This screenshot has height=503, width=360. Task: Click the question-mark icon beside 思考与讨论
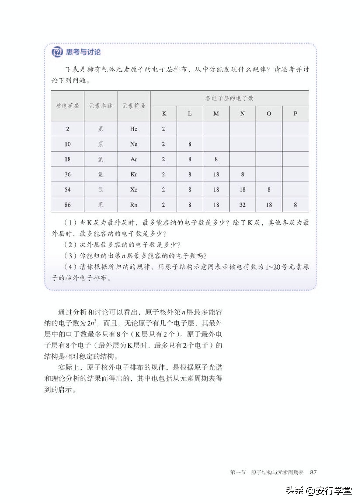[57, 52]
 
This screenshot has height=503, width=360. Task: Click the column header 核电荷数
[67, 106]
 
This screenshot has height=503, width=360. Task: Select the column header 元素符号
[133, 106]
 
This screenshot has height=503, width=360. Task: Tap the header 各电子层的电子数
[229, 98]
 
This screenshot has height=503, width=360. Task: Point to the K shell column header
[164, 114]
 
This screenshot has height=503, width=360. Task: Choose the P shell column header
[295, 114]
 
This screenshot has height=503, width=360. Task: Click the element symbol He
[133, 129]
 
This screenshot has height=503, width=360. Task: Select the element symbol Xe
[133, 190]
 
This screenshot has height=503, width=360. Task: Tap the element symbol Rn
[133, 205]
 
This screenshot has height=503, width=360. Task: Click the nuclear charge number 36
[67, 174]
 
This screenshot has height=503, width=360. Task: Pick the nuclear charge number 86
[67, 205]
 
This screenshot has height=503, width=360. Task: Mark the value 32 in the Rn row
[242, 205]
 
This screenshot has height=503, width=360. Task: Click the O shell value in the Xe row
[269, 190]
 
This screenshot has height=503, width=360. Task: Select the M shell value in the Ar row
[216, 159]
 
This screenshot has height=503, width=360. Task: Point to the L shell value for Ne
[190, 144]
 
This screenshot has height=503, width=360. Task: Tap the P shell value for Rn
[295, 205]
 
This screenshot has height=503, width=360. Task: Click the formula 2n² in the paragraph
[92, 323]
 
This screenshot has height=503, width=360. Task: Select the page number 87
[313, 472]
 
